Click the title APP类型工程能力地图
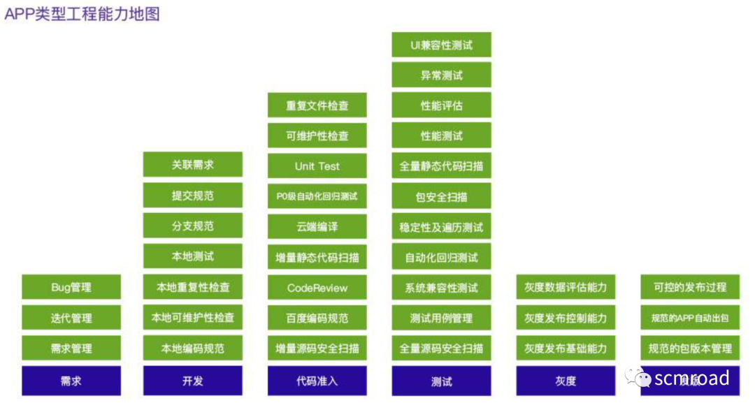[x=82, y=14]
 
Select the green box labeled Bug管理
[x=71, y=287]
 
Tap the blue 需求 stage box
[x=71, y=381]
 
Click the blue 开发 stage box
[x=193, y=381]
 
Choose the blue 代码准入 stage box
[x=317, y=381]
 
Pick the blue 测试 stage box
[x=441, y=381]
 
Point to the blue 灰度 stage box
[x=566, y=381]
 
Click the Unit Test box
[x=317, y=166]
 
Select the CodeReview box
[x=317, y=287]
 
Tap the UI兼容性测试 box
[x=441, y=45]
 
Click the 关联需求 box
[x=193, y=165]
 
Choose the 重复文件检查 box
[x=317, y=105]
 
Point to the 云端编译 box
[x=317, y=227]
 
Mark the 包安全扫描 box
[x=441, y=197]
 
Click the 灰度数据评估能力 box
[x=566, y=287]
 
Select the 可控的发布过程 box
[x=690, y=287]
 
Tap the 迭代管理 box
[x=71, y=318]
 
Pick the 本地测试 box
[x=193, y=256]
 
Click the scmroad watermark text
[x=691, y=379]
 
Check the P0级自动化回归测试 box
[x=317, y=196]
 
